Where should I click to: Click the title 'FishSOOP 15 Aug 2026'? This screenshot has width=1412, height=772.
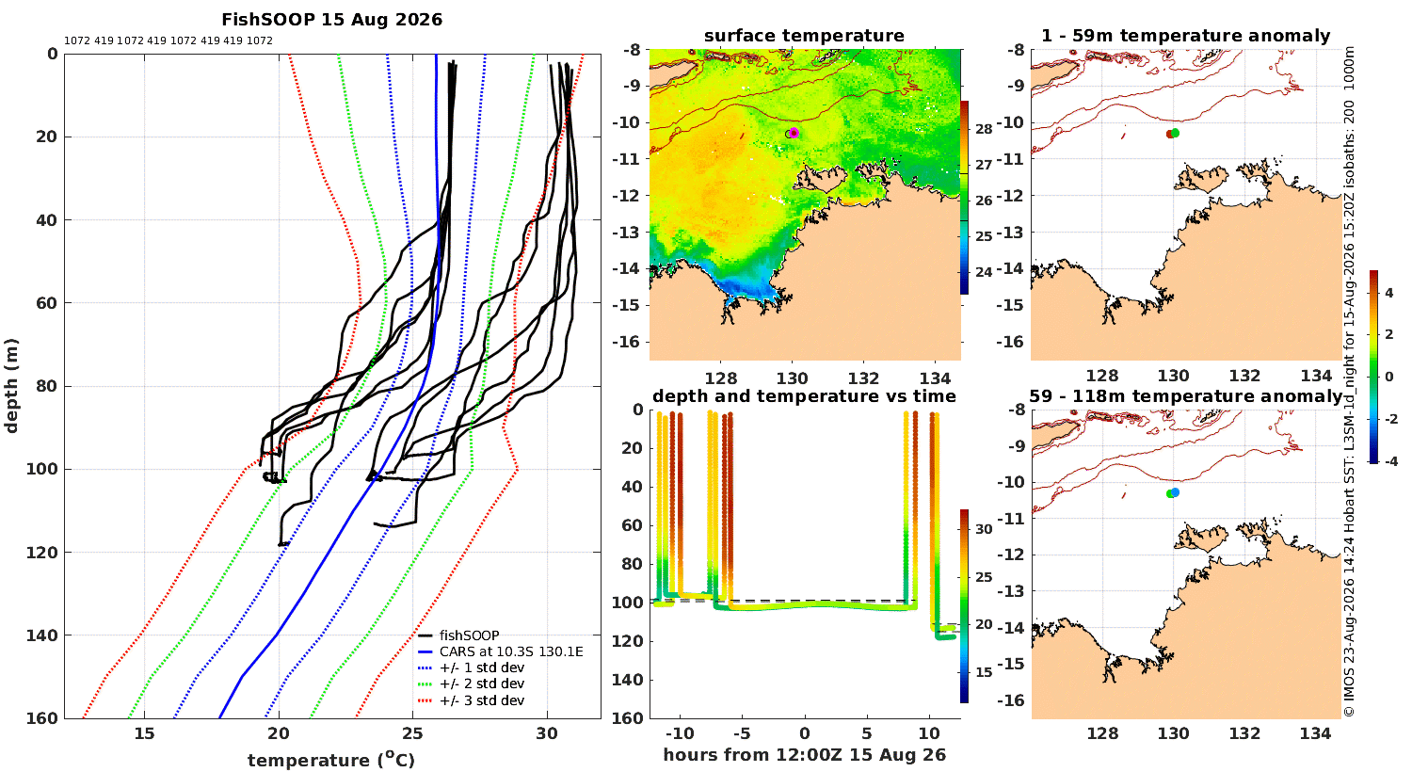pyautogui.click(x=331, y=20)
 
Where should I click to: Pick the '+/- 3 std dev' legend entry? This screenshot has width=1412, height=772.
pyautogui.click(x=482, y=700)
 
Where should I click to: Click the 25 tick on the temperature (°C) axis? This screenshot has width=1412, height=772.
pyautogui.click(x=413, y=733)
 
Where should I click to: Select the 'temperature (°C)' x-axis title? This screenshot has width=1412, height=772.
pyautogui.click(x=331, y=760)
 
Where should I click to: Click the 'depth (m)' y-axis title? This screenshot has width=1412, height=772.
pyautogui.click(x=11, y=386)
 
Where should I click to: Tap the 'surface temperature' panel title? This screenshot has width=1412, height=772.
pyautogui.click(x=804, y=36)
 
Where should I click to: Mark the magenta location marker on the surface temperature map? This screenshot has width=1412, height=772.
pyautogui.click(x=794, y=133)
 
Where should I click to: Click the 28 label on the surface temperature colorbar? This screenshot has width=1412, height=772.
pyautogui.click(x=984, y=129)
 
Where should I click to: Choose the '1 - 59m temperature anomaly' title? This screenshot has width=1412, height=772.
pyautogui.click(x=1186, y=36)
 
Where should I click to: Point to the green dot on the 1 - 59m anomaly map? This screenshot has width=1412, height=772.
pyautogui.click(x=1175, y=133)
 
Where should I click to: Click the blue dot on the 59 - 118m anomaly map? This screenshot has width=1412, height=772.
pyautogui.click(x=1175, y=492)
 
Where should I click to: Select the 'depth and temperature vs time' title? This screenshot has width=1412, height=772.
pyautogui.click(x=804, y=395)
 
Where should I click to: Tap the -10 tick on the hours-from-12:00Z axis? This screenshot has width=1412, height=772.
pyautogui.click(x=680, y=733)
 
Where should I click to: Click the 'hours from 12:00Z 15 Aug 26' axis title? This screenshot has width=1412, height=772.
pyautogui.click(x=804, y=754)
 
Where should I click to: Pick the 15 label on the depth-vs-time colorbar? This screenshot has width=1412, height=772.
pyautogui.click(x=984, y=672)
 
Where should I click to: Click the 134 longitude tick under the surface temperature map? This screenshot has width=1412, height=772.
pyautogui.click(x=935, y=378)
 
